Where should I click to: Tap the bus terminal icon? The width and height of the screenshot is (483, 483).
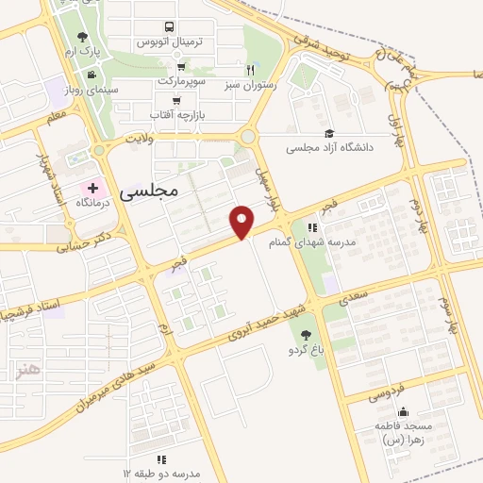168,26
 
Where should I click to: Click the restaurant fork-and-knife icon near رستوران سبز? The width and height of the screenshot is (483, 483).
251,69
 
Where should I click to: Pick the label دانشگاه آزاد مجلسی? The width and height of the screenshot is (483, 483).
331,147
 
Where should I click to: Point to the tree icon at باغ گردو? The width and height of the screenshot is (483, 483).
304,334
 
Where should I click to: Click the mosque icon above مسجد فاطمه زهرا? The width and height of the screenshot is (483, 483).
404,411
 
